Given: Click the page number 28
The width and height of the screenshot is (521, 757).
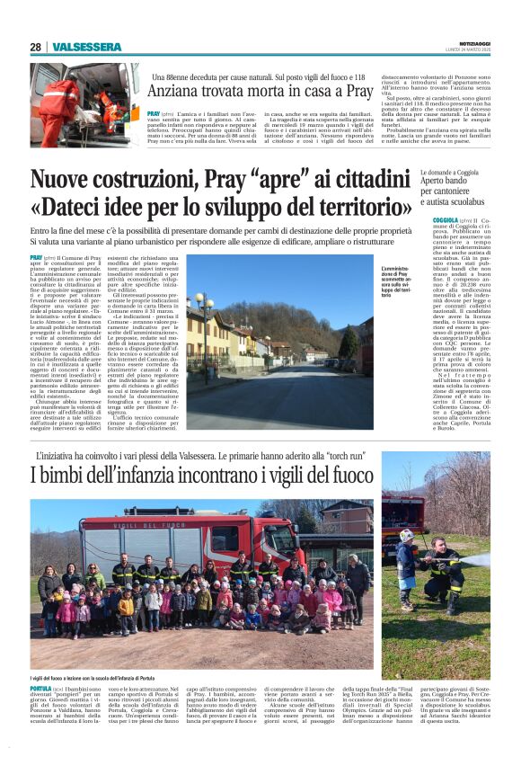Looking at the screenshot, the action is pos(35,47).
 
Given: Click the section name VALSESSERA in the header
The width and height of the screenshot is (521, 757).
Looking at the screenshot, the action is pos(86,47).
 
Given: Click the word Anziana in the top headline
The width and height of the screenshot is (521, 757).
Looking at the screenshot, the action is pos(178,93).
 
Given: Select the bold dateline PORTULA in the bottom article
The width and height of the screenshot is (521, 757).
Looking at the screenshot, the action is pos(41,688).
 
